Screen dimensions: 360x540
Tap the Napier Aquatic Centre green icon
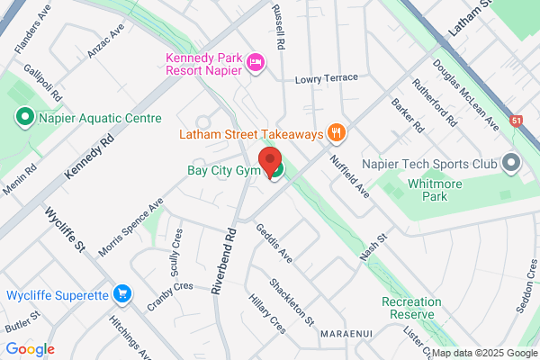point(25,117)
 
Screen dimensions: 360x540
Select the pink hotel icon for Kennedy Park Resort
point(255,61)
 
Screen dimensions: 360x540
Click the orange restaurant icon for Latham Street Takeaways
point(337,133)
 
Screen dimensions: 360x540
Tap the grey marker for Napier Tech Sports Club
point(511,164)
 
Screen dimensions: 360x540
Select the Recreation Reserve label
point(411,308)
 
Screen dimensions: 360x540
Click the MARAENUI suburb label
point(346,333)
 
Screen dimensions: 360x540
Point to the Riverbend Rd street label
point(224,262)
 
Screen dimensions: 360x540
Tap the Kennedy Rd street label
point(92,155)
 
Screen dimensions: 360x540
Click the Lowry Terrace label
point(332,79)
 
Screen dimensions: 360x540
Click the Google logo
point(30,349)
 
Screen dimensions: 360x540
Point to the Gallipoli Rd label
point(42,82)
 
